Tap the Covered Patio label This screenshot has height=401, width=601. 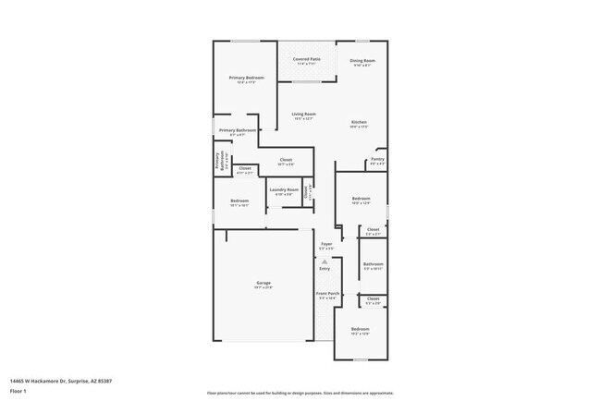tap(307, 59)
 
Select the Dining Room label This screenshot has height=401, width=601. tap(362, 61)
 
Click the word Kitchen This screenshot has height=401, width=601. tap(359, 122)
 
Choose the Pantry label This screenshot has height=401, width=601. tap(377, 159)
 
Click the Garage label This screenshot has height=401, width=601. tap(264, 283)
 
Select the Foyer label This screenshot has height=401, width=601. tap(326, 244)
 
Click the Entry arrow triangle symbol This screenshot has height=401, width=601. tap(325, 261)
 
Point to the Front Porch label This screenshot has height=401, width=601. tap(328, 294)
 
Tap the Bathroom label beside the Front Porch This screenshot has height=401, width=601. tap(373, 264)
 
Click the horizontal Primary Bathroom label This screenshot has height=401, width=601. tap(238, 130)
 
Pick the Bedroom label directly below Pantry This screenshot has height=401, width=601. tap(361, 199)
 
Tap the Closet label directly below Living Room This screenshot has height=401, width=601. tap(286, 160)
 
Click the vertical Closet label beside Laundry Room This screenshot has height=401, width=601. tap(307, 192)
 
